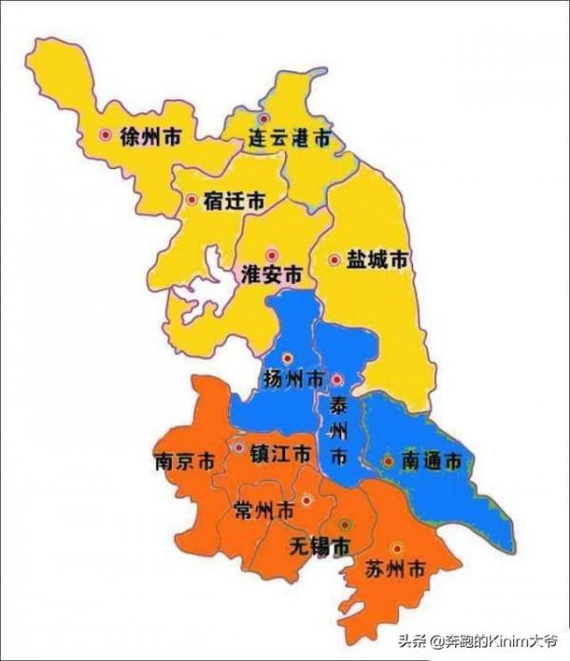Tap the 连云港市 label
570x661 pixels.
[x=290, y=139]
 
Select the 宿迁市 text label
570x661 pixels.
[x=234, y=201]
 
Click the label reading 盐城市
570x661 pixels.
[x=378, y=259]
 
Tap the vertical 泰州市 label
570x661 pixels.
[x=338, y=432]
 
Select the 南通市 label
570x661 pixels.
[x=431, y=463]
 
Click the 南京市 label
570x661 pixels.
[x=183, y=463]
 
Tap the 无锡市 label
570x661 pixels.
[x=318, y=546]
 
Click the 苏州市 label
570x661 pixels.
[x=394, y=571]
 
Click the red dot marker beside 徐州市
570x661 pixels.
[x=105, y=136]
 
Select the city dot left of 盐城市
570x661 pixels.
[x=334, y=259]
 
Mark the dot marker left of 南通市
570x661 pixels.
[x=389, y=462]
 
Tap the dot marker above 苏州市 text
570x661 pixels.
[x=396, y=548]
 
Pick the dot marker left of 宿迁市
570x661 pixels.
[x=192, y=200]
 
